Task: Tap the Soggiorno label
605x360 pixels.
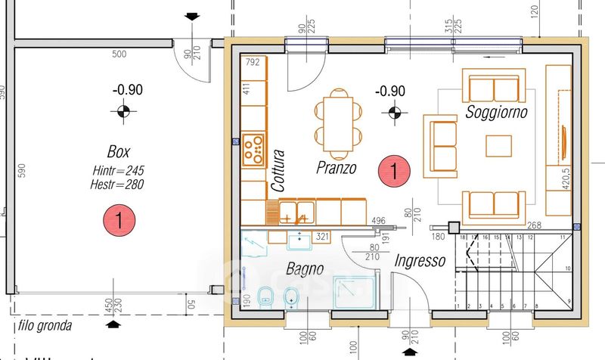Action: click(x=496, y=113)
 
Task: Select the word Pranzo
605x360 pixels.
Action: click(x=337, y=167)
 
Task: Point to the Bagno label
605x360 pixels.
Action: click(x=305, y=268)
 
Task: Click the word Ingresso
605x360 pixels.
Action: click(x=418, y=261)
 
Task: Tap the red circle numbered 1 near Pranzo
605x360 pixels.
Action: click(x=396, y=171)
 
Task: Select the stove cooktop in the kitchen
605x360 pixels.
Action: click(x=253, y=149)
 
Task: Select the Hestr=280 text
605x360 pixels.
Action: click(x=117, y=183)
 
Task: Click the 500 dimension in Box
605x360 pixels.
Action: click(x=119, y=54)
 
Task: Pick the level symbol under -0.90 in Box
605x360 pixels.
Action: click(x=119, y=113)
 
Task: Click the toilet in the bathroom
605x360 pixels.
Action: click(x=265, y=297)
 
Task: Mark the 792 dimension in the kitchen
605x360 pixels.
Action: click(x=253, y=62)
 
